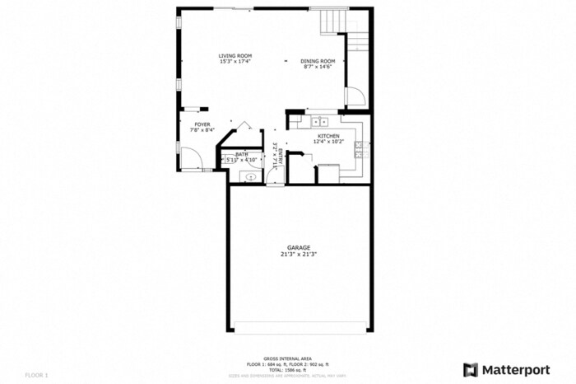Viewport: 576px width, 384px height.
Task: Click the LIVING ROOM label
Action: [235, 56]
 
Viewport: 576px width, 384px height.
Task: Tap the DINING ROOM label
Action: [317, 61]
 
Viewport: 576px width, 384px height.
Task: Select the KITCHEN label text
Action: [328, 136]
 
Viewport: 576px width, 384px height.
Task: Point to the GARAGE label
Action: [298, 247]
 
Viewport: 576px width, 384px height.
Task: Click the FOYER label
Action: [202, 124]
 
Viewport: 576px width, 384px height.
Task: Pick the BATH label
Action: [241, 154]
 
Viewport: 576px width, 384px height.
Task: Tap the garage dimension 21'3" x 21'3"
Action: [298, 255]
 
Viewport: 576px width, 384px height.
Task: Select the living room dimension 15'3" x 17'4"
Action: [235, 62]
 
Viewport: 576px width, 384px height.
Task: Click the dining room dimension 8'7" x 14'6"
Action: [317, 67]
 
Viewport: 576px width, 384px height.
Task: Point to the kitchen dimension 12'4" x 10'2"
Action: [328, 142]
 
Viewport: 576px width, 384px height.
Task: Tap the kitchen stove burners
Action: [360, 150]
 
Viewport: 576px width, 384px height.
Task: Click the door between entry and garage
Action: [274, 183]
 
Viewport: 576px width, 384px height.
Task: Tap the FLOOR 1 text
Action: [37, 375]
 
